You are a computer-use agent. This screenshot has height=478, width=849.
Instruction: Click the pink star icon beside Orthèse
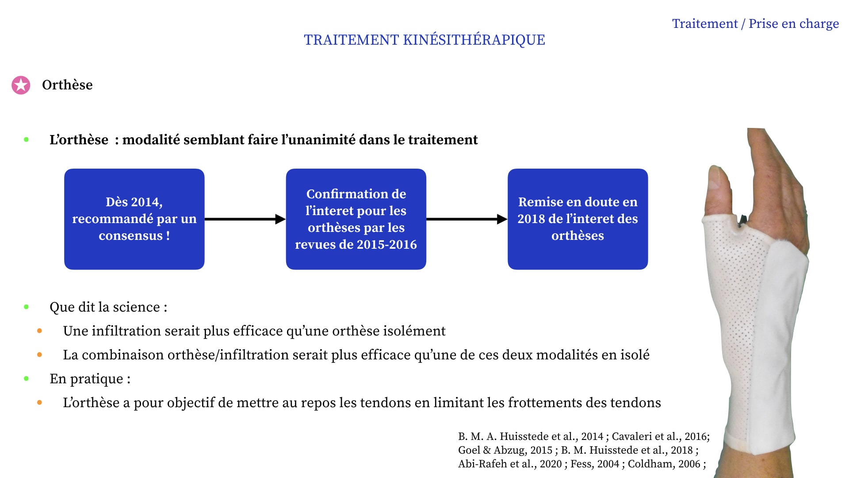tap(21, 85)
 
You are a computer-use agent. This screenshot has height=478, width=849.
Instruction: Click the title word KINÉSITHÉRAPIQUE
tap(474, 40)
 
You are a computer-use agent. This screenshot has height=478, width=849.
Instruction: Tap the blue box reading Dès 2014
tap(134, 219)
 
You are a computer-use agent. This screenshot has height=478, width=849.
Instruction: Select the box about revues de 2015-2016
tap(356, 219)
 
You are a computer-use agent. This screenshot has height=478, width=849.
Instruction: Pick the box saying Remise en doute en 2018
tap(578, 219)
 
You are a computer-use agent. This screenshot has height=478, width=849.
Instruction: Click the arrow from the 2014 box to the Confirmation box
tap(245, 219)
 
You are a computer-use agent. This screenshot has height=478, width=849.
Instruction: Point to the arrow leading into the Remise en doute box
tap(467, 219)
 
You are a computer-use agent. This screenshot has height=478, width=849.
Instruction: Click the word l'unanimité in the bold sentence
tap(318, 140)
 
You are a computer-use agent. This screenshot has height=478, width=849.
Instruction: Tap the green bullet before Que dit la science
tap(27, 307)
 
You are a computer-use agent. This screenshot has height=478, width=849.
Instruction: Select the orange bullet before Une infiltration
tap(40, 331)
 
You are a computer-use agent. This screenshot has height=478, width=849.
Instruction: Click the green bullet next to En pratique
tap(27, 378)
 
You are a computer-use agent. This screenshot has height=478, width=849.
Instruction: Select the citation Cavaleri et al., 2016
tap(659, 436)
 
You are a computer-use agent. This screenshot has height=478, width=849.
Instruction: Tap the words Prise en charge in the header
tap(794, 24)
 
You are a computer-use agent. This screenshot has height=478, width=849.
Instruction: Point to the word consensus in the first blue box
tap(130, 235)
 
